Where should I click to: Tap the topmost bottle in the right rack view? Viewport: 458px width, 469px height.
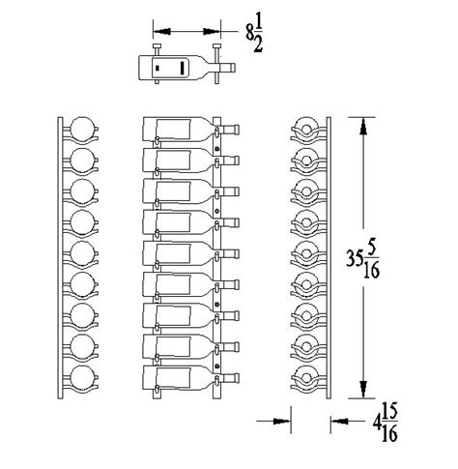pyautogui.click(x=307, y=130)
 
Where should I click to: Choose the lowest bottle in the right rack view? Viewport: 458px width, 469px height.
pyautogui.click(x=307, y=377)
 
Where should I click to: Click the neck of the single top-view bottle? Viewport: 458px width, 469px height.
pyautogui.click(x=225, y=68)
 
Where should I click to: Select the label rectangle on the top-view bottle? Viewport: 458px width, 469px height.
pyautogui.click(x=183, y=68)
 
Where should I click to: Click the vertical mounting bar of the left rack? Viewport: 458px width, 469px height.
pyautogui.click(x=61, y=256)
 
